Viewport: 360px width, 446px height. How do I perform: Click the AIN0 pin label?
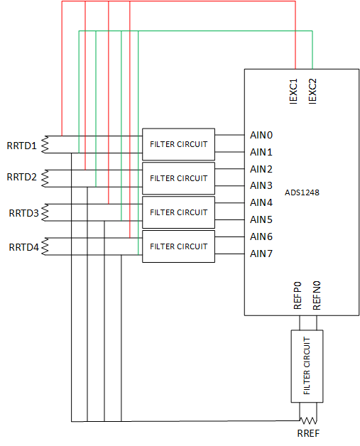[x=261, y=135]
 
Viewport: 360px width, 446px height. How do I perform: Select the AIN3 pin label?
[x=261, y=185]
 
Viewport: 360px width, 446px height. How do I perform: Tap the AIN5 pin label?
[x=261, y=219]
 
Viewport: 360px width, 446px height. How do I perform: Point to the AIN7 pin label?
[x=261, y=254]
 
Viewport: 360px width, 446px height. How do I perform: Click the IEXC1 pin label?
[x=293, y=92]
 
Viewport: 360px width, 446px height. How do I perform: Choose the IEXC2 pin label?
[x=312, y=92]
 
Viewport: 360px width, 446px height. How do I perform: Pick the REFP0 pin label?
[x=298, y=295]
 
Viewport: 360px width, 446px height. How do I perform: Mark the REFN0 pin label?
[x=317, y=295]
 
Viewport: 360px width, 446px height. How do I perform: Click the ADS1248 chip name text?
[x=302, y=192]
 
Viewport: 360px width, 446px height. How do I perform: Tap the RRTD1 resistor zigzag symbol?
[x=45, y=144]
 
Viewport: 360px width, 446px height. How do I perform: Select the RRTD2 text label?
[x=21, y=177]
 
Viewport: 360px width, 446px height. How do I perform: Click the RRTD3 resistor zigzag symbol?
[x=45, y=212]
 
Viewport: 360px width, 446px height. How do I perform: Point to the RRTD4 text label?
[x=23, y=247]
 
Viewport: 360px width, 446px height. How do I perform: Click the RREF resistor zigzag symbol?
[x=308, y=420]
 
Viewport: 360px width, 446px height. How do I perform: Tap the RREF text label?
[x=308, y=433]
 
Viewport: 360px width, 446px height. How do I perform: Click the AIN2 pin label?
[x=261, y=169]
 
